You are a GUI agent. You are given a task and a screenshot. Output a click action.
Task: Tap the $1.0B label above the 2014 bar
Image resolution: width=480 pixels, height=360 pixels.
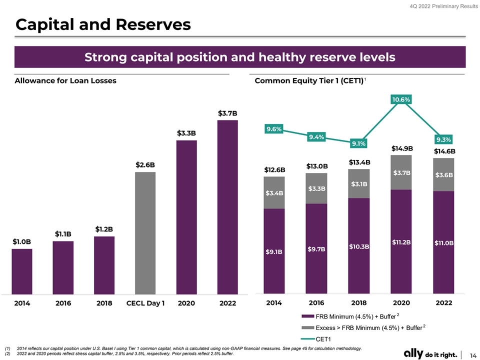[22, 241]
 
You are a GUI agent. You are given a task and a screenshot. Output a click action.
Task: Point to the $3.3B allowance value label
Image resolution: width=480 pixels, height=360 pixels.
[186, 133]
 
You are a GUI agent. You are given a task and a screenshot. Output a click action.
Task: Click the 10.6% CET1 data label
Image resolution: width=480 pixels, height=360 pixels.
[401, 99]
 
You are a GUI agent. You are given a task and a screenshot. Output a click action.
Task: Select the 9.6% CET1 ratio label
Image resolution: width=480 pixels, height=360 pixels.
[274, 129]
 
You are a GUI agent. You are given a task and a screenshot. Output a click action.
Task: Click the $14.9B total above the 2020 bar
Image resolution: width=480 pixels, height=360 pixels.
[402, 148]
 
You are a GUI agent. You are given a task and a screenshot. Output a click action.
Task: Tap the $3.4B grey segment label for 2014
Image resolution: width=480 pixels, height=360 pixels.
[274, 192]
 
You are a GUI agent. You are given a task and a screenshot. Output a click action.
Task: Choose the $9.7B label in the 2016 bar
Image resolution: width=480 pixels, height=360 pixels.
[316, 248]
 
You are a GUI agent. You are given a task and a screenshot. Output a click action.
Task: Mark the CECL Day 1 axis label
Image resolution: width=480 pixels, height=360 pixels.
[145, 303]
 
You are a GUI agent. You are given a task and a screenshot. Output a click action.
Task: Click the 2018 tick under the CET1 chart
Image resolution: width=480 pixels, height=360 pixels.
[359, 303]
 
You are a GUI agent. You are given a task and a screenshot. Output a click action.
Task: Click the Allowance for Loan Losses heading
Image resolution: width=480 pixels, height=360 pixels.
[65, 80]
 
